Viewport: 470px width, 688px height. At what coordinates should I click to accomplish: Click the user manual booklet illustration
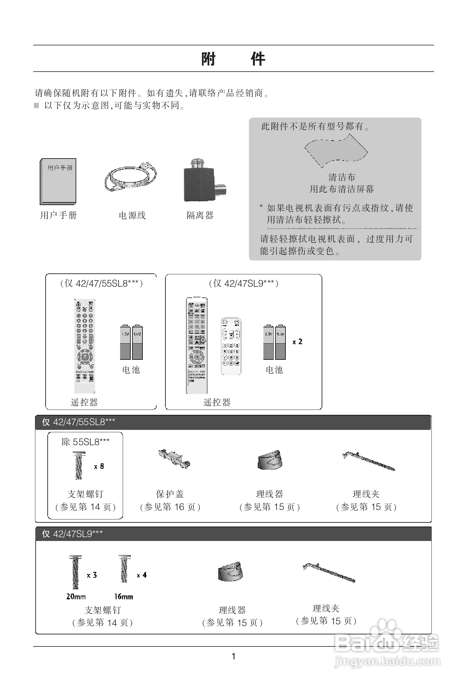(x=58, y=181)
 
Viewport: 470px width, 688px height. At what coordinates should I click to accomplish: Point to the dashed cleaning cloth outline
(x=336, y=151)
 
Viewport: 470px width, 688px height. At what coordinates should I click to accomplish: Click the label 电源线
(x=132, y=215)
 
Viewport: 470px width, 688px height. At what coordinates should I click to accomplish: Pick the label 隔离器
(x=200, y=215)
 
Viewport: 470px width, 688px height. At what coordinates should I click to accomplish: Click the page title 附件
(x=233, y=59)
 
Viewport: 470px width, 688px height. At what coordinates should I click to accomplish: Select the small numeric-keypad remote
(x=231, y=347)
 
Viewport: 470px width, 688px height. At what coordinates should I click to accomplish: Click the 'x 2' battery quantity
(x=298, y=341)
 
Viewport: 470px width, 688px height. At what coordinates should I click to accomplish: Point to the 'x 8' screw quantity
(x=99, y=466)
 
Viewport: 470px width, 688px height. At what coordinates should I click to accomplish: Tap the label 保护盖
(x=170, y=494)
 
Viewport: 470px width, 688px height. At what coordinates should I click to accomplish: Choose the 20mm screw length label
(x=76, y=597)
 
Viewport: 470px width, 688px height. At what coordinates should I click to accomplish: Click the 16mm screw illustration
(x=124, y=569)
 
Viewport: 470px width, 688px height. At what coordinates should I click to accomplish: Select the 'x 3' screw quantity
(x=92, y=575)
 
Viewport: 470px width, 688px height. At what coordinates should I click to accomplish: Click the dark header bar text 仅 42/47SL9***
(x=72, y=534)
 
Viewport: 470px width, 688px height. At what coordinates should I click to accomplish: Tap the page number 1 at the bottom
(x=233, y=656)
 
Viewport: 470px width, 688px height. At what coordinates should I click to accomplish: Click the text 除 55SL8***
(x=85, y=442)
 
